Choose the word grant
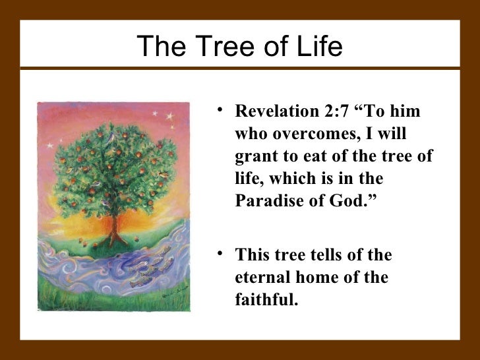coord(253,156)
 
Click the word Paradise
coord(264,201)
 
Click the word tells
coord(317,255)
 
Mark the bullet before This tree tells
coord(221,255)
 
